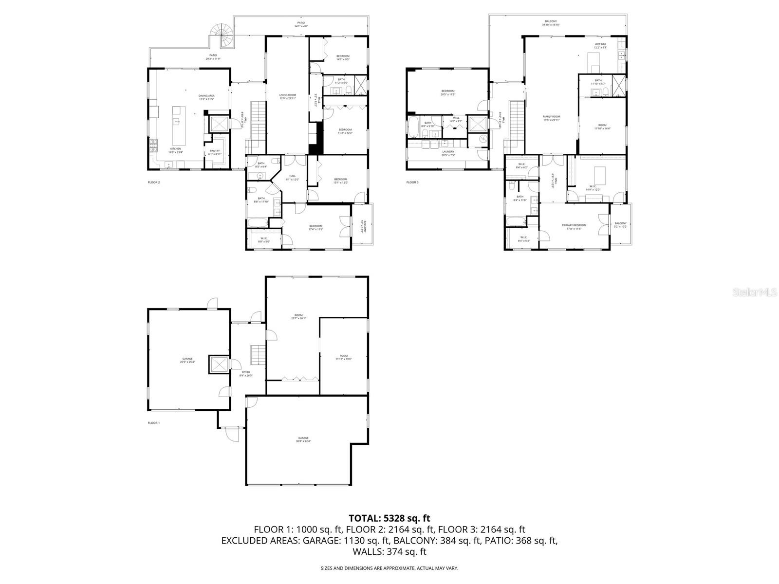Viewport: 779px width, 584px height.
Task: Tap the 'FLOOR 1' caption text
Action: click(x=154, y=423)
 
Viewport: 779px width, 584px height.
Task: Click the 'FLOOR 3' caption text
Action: click(x=412, y=182)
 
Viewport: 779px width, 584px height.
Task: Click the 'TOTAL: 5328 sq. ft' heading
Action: click(x=389, y=518)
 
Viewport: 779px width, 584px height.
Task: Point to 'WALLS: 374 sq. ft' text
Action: click(x=389, y=551)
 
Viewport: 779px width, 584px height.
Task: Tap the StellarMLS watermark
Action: click(x=759, y=292)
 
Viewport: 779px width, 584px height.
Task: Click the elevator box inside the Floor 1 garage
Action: click(x=218, y=365)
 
